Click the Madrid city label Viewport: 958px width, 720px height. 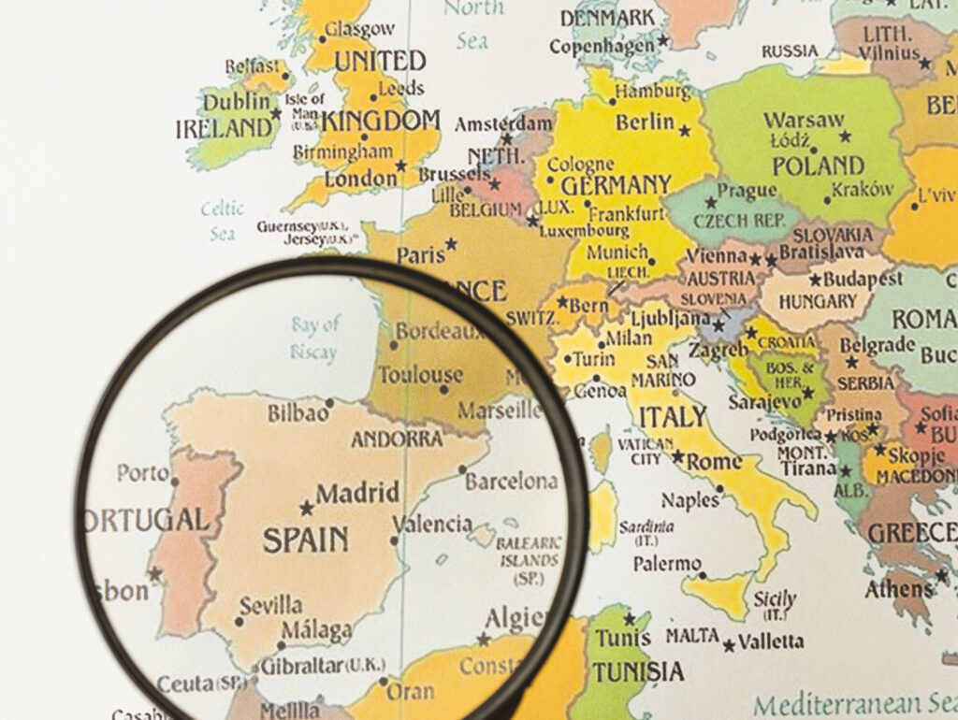[x=357, y=493]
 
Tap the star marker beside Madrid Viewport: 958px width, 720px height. [x=306, y=508]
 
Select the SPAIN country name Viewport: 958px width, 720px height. [x=305, y=540]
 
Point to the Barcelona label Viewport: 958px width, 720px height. [x=511, y=482]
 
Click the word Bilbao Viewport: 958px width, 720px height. [x=298, y=412]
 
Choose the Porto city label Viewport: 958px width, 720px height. [x=143, y=472]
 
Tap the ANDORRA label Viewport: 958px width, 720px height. [x=397, y=439]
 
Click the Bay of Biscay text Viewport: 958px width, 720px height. [x=313, y=338]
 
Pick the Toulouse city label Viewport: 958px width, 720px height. [x=420, y=375]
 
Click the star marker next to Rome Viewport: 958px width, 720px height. [x=677, y=457]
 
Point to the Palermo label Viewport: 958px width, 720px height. [x=667, y=564]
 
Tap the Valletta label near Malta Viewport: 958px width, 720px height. [x=770, y=641]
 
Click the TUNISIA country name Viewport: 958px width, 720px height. [x=637, y=671]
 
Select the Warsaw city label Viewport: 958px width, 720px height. [x=804, y=121]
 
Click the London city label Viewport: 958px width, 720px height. [x=360, y=178]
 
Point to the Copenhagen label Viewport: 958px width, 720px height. [x=602, y=46]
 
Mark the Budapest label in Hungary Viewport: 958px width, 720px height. [x=862, y=279]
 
